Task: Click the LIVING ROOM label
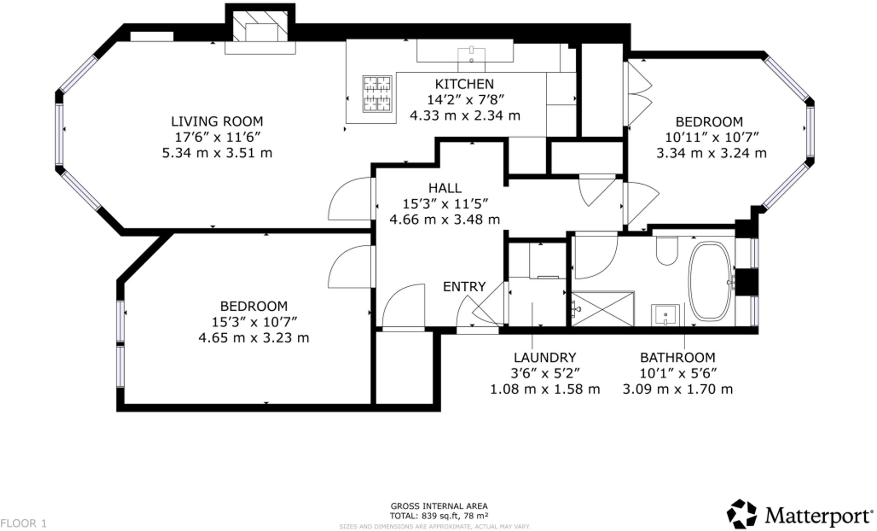click(x=217, y=121)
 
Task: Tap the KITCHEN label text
click(x=464, y=84)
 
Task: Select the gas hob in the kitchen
click(x=377, y=94)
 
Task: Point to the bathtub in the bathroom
click(x=710, y=281)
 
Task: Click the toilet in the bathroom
click(x=667, y=252)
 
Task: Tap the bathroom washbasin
click(x=665, y=314)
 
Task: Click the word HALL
click(x=445, y=188)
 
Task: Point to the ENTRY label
click(x=464, y=287)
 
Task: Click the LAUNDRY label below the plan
click(x=545, y=358)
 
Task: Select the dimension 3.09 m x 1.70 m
click(x=678, y=389)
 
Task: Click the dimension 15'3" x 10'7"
click(x=254, y=322)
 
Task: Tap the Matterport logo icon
click(x=741, y=514)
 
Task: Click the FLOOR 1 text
click(x=23, y=523)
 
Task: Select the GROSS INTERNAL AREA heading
click(x=439, y=506)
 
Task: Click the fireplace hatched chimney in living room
click(x=260, y=25)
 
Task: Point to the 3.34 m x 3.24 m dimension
click(x=711, y=153)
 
